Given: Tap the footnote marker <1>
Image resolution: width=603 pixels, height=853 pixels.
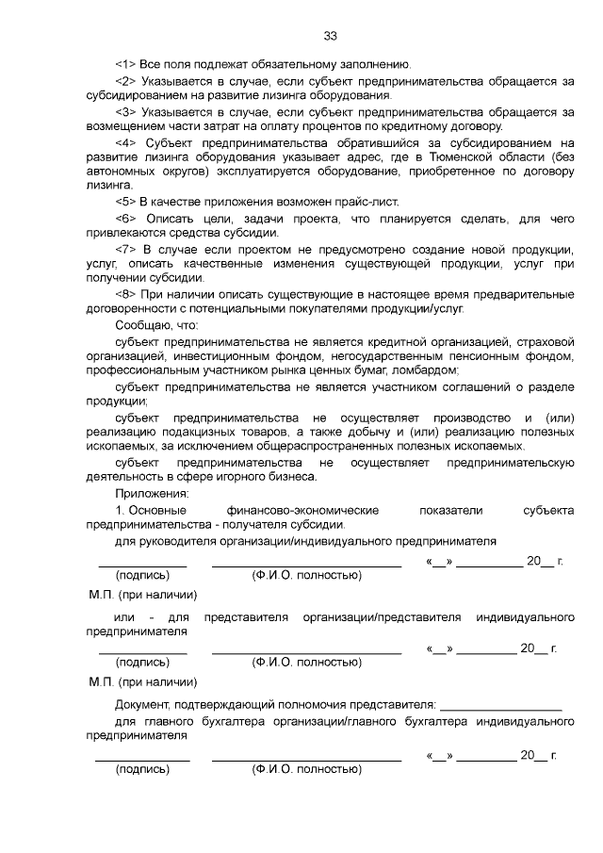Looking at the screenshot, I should (x=126, y=64).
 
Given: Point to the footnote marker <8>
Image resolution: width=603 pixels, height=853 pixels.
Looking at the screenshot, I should (x=126, y=294).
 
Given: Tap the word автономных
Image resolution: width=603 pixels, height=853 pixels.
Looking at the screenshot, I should (x=121, y=172).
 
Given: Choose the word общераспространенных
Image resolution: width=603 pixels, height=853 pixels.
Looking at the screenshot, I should (x=364, y=446).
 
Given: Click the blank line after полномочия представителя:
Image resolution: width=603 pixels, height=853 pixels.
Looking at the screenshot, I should (x=500, y=703).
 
